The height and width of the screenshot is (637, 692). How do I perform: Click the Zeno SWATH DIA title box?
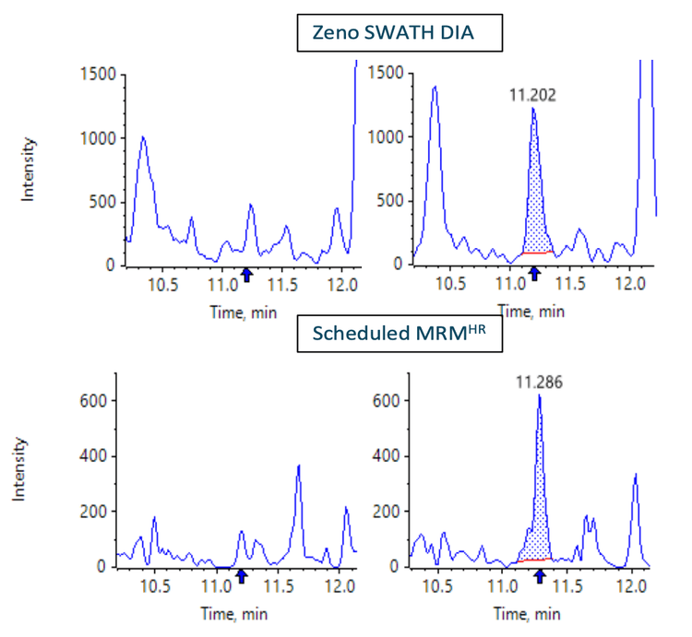(400, 35)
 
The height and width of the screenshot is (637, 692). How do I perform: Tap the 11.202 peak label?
(533, 94)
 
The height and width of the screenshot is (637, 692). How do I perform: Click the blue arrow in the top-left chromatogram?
(246, 274)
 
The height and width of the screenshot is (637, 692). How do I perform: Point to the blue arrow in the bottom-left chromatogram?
(242, 576)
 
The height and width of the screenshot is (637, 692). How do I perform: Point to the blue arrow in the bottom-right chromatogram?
(539, 576)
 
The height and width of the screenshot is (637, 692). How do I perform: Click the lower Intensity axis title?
(20, 469)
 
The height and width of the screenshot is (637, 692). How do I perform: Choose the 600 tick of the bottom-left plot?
(96, 401)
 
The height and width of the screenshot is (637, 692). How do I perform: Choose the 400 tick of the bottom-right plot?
(388, 456)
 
